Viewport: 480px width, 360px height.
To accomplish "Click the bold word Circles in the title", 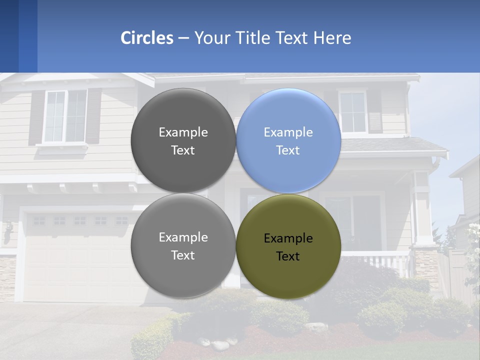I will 147,38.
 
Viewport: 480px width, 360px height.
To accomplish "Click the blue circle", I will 288,140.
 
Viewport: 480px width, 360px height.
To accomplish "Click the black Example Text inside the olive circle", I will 288,247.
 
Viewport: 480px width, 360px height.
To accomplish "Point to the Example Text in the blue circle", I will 288,141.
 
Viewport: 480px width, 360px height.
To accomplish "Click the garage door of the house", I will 75,260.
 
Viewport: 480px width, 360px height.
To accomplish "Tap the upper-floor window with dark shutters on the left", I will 65,116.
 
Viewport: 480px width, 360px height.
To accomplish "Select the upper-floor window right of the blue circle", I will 353,112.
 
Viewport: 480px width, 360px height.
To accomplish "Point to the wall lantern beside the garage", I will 8,232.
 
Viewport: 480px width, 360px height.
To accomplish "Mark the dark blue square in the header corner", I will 9,36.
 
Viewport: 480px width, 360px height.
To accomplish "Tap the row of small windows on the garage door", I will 80,220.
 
